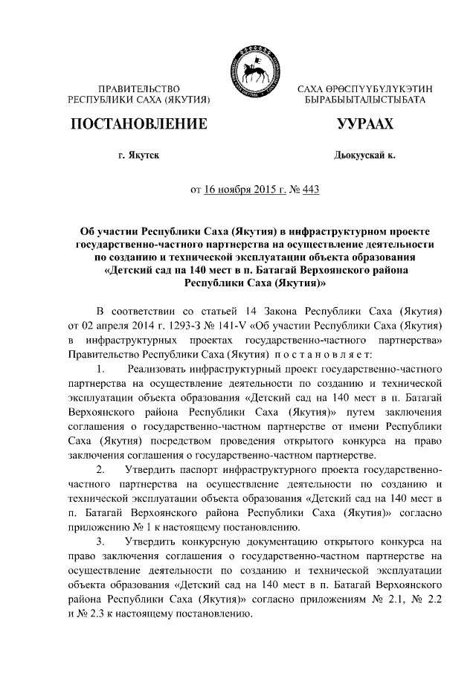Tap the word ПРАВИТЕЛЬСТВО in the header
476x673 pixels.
pos(139,88)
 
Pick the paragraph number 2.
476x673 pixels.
pos(101,470)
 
